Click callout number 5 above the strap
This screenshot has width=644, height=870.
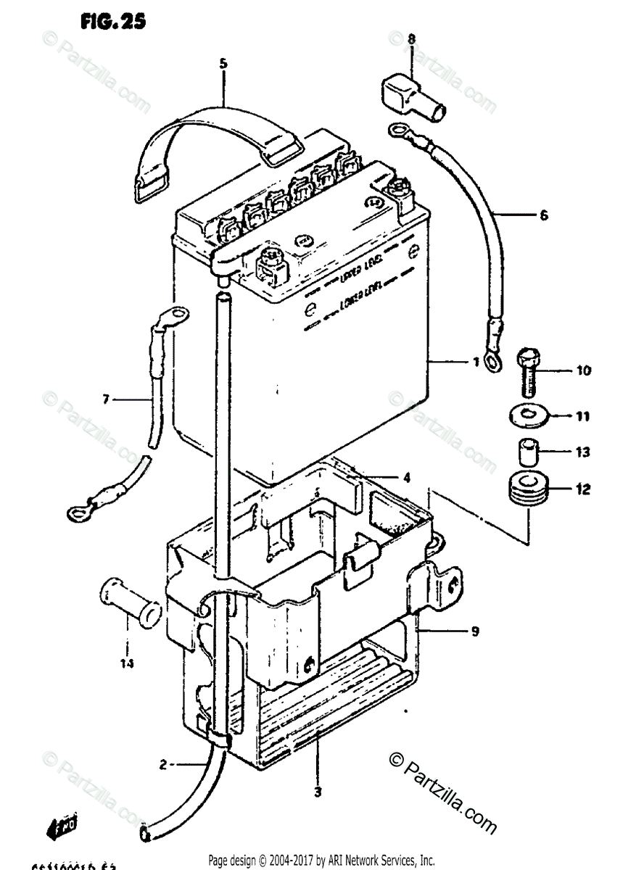pyautogui.click(x=223, y=64)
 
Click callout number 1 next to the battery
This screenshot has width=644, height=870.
pyautogui.click(x=476, y=360)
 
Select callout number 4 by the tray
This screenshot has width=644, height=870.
pyautogui.click(x=407, y=477)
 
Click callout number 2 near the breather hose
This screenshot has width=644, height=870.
pyautogui.click(x=163, y=763)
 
